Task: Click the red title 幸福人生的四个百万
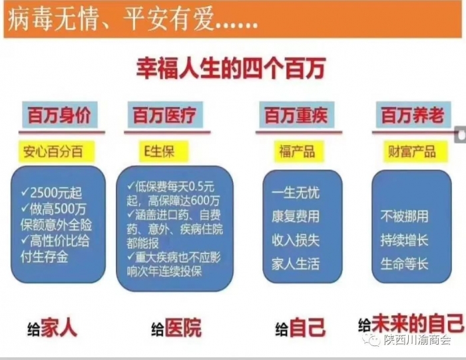coord(230,69)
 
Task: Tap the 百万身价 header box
coord(60,115)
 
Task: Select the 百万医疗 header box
coord(165,115)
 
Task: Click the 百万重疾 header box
coord(297,115)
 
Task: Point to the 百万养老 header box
coord(413,115)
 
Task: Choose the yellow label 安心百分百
coord(57,152)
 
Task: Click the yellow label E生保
coord(164,152)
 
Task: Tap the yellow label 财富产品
coord(415,152)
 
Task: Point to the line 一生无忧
coord(296,193)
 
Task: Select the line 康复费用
coord(296,216)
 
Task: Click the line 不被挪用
coord(405,216)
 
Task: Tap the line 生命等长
coord(405,264)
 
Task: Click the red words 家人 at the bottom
coord(59,327)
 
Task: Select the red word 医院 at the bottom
coord(183,327)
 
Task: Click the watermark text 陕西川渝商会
coord(417,339)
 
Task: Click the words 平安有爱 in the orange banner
coord(168,19)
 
